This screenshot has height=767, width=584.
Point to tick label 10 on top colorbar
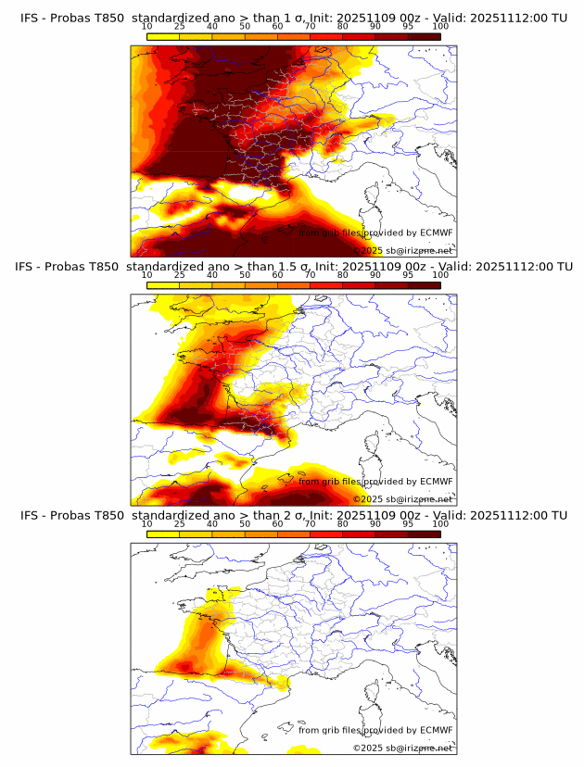(x=146, y=26)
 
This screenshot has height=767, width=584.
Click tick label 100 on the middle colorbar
(x=440, y=275)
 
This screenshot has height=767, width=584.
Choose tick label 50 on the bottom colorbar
(x=245, y=523)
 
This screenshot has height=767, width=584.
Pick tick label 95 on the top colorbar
(x=408, y=26)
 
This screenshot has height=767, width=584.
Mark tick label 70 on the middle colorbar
(x=310, y=275)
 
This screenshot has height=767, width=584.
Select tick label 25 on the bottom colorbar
(x=179, y=523)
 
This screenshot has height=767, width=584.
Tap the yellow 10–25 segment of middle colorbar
(x=163, y=285)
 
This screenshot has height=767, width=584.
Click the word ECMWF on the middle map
(x=436, y=482)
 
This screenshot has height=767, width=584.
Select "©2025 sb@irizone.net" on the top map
(x=403, y=250)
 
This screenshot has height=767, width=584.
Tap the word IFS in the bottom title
(x=31, y=515)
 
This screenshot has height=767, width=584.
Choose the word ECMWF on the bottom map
(x=436, y=730)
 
